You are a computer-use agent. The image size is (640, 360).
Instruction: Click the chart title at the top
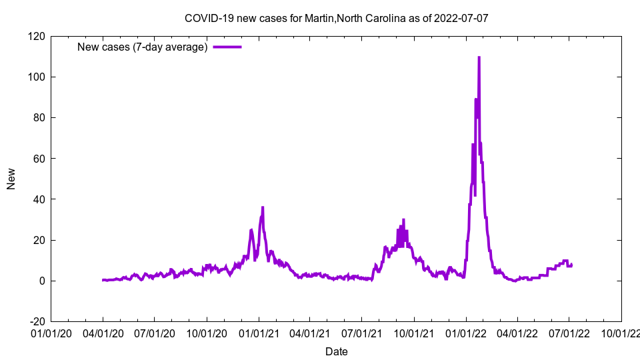pyautogui.click(x=337, y=18)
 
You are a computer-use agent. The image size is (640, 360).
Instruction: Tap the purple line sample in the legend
pyautogui.click(x=227, y=47)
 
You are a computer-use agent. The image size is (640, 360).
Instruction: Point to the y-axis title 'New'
pyautogui.click(x=11, y=179)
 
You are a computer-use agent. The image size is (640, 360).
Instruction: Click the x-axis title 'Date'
pyautogui.click(x=337, y=351)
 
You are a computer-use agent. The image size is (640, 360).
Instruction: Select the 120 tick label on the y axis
pyautogui.click(x=37, y=36)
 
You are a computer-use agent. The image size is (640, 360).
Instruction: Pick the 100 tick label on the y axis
pyautogui.click(x=37, y=77)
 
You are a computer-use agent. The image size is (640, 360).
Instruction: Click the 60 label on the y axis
pyautogui.click(x=39, y=159)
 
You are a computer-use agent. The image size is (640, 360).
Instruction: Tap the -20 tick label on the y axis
pyautogui.click(x=37, y=321)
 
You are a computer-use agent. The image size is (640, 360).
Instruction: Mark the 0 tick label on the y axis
pyautogui.click(x=42, y=281)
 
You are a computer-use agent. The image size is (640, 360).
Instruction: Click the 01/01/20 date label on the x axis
pyautogui.click(x=51, y=333)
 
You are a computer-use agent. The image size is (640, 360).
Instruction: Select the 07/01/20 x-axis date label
pyautogui.click(x=154, y=333)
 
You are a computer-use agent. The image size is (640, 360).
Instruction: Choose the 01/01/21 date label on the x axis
pyautogui.click(x=259, y=333)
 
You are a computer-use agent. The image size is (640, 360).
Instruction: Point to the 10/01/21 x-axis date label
pyautogui.click(x=414, y=333)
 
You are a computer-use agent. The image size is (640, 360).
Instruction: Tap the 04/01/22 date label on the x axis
pyautogui.click(x=517, y=333)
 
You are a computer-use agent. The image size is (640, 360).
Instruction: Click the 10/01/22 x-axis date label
pyautogui.click(x=621, y=333)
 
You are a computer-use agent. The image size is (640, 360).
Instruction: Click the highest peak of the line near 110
pyautogui.click(x=479, y=58)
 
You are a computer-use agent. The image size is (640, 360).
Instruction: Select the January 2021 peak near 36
pyautogui.click(x=263, y=207)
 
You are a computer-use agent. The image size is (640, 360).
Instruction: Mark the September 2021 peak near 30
pyautogui.click(x=403, y=220)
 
